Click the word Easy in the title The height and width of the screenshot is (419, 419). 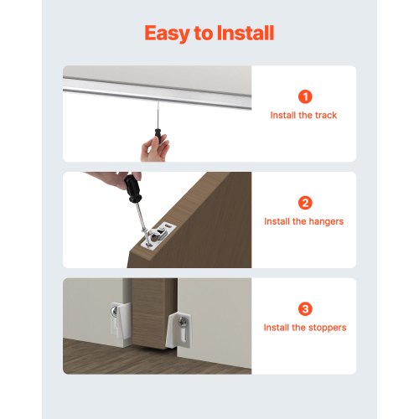(x=166, y=34)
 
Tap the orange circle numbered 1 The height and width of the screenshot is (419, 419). (x=303, y=96)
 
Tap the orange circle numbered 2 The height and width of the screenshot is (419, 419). (x=303, y=203)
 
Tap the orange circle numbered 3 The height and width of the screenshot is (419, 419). (x=303, y=308)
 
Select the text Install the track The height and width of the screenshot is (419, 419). (x=303, y=116)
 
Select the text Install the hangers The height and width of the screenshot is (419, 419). (x=303, y=222)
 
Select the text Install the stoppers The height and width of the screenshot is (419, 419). (x=303, y=328)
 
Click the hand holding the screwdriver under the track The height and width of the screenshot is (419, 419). (x=155, y=148)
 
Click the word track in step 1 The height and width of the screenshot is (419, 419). (x=325, y=116)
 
